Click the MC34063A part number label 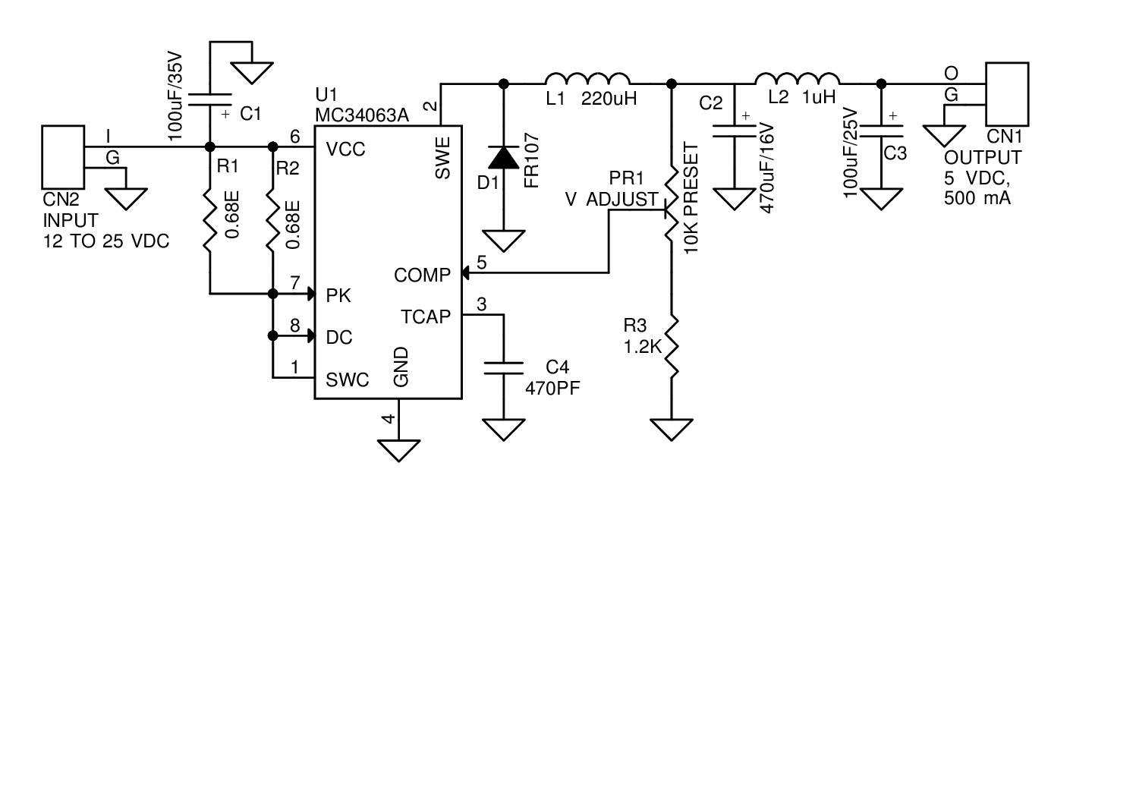[362, 115]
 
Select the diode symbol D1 [503, 158]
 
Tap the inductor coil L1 [587, 79]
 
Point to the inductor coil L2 [797, 79]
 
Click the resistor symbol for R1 [210, 220]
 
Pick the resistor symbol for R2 [272, 220]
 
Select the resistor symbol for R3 [672, 347]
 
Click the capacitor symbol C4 [503, 368]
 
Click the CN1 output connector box [1006, 94]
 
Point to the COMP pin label [422, 276]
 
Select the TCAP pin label [425, 316]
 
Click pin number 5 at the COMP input [481, 263]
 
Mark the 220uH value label [609, 99]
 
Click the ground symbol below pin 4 [398, 450]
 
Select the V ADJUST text [612, 200]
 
